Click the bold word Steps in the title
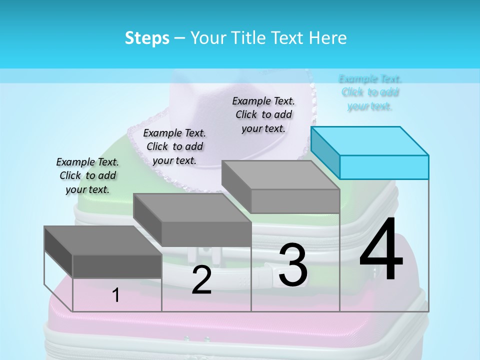(x=147, y=38)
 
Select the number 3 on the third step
(x=293, y=265)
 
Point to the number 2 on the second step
(x=201, y=280)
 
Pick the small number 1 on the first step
(x=116, y=295)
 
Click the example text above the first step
(x=87, y=175)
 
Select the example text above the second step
(x=174, y=146)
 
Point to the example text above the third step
(x=263, y=114)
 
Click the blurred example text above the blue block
(x=370, y=92)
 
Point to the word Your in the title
(x=207, y=38)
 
